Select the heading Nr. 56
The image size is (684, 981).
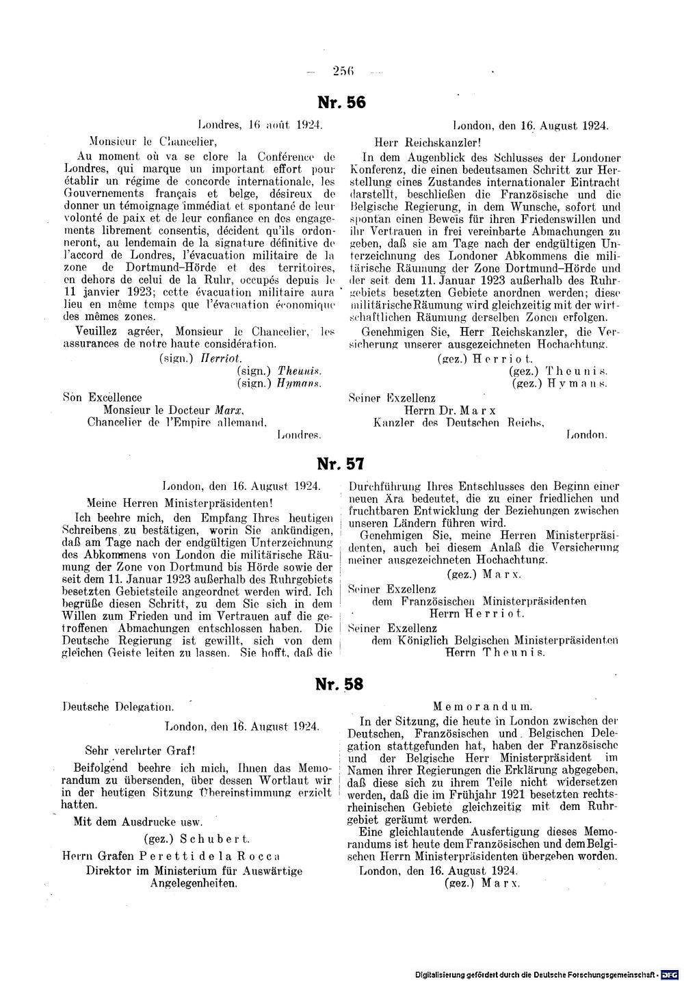point(342,103)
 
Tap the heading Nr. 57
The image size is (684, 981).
point(341,465)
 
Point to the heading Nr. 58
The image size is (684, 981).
point(340,683)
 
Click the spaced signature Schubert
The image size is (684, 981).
point(222,838)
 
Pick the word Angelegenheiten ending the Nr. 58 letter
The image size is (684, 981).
point(194,883)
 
